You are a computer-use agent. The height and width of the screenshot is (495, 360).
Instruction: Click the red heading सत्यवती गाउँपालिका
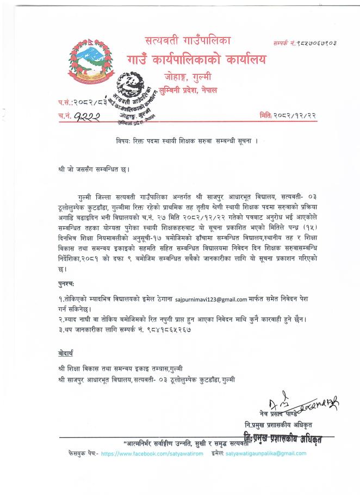188,40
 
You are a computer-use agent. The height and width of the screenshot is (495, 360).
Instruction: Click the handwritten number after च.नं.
86,115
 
